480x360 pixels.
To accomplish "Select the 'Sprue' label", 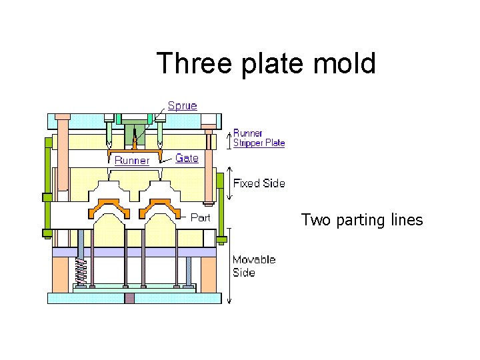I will pyautogui.click(x=182, y=105).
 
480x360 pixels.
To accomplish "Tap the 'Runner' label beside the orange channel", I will pyautogui.click(x=131, y=160).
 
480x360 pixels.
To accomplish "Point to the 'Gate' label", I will pyautogui.click(x=187, y=158).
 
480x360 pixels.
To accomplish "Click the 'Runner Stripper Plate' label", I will pyautogui.click(x=259, y=138).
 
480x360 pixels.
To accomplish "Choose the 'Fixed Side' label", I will pyautogui.click(x=259, y=183).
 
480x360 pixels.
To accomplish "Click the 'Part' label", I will pyautogui.click(x=201, y=217).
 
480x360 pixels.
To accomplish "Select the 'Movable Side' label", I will pyautogui.click(x=253, y=265).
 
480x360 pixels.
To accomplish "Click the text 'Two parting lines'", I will pyautogui.click(x=362, y=220).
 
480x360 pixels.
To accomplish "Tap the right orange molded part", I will pyautogui.click(x=159, y=208).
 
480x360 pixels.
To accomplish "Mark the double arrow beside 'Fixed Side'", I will pyautogui.click(x=229, y=183).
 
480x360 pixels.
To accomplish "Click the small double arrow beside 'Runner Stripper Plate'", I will pyautogui.click(x=229, y=139).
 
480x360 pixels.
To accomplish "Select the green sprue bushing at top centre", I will pyautogui.click(x=135, y=131).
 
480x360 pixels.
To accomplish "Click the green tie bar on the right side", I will pyautogui.click(x=220, y=200).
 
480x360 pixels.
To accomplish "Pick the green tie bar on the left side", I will pyautogui.click(x=48, y=187).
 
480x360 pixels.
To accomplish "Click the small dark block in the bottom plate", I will pyautogui.click(x=130, y=298).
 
